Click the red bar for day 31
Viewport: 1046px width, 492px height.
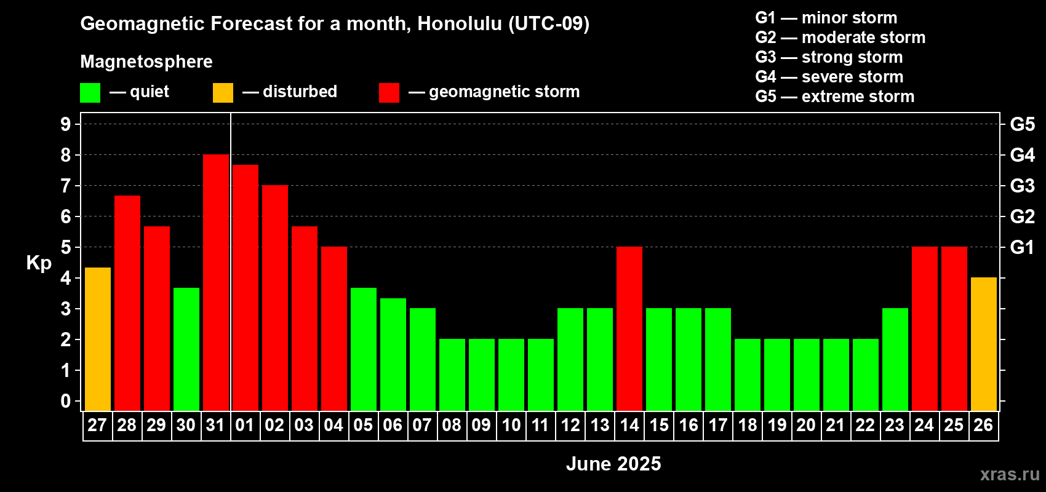[x=216, y=282]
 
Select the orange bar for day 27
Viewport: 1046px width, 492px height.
[x=98, y=339]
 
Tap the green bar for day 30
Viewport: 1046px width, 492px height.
[x=186, y=349]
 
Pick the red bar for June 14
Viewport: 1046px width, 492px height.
[x=629, y=328]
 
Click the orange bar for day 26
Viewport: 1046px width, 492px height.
[x=984, y=344]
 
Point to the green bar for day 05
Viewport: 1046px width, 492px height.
[x=364, y=349]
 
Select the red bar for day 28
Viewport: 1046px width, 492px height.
[x=127, y=303]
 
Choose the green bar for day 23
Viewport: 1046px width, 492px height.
[x=895, y=359]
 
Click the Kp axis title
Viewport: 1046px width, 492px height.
[x=39, y=263]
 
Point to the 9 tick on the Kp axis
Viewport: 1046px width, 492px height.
[x=65, y=124]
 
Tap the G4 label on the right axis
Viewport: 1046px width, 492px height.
[x=1022, y=155]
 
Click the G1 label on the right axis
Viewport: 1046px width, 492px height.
[x=1022, y=247]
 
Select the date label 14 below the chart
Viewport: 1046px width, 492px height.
[x=629, y=425]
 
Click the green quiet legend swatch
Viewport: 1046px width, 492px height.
[x=90, y=92]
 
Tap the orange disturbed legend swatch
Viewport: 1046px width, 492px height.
[x=223, y=92]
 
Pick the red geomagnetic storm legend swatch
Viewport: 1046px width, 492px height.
[x=389, y=92]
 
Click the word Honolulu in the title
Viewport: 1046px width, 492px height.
[x=460, y=24]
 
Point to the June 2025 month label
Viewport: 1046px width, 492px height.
[x=613, y=464]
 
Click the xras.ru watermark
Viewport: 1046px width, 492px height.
[x=1010, y=474]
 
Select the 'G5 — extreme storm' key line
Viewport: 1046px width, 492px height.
[x=835, y=97]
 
